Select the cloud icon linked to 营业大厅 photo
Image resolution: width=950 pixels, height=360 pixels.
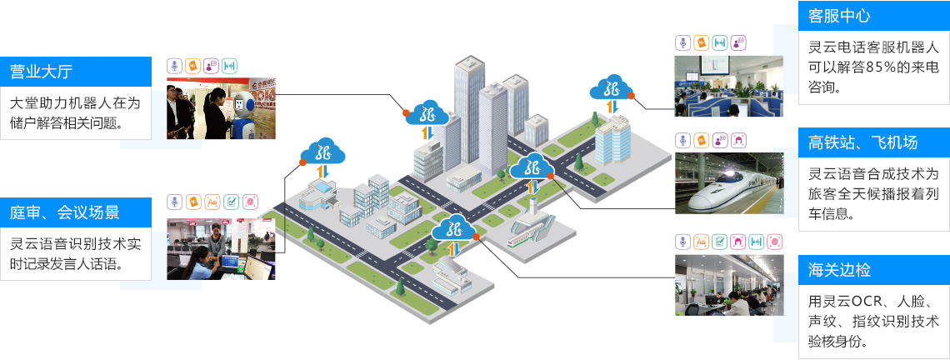[427, 113]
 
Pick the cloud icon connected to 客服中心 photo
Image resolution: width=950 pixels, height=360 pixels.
[612, 87]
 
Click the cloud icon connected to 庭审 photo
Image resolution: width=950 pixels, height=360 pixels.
[324, 152]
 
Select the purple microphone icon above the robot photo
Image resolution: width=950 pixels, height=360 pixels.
[174, 64]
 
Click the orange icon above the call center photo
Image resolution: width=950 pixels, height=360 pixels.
[702, 42]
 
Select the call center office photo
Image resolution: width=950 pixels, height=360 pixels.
[728, 85]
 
